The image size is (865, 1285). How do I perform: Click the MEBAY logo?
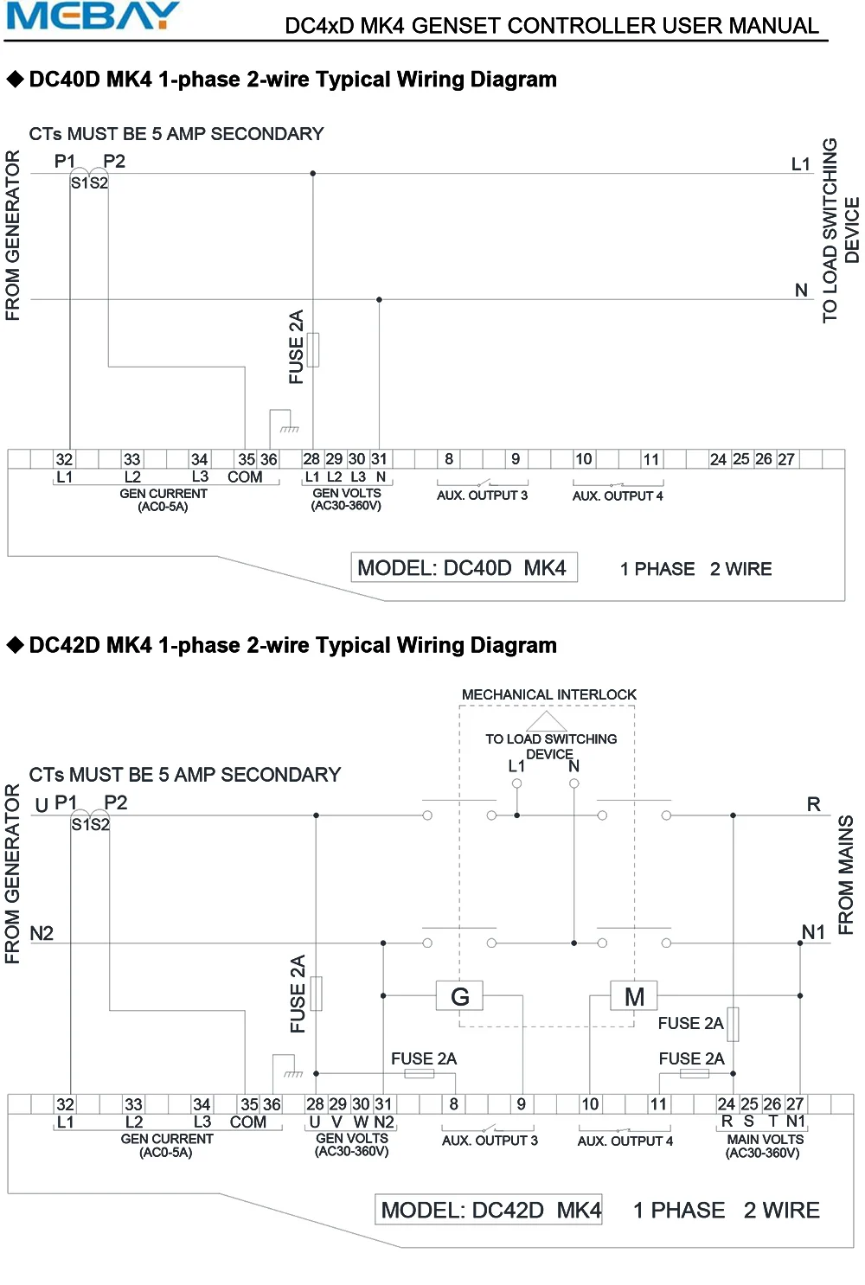pos(92,16)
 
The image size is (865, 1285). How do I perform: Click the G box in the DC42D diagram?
pos(459,996)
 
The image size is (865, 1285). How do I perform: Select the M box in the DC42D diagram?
pos(634,996)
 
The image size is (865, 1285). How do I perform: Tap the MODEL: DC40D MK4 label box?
pos(464,567)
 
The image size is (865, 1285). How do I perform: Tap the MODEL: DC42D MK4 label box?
pos(489,1209)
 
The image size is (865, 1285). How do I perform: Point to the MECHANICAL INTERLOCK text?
pos(548,694)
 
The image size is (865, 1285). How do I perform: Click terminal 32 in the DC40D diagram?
pos(64,459)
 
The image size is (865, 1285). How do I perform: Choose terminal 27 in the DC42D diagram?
pos(794,1103)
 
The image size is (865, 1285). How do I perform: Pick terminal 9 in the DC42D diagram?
pos(522,1103)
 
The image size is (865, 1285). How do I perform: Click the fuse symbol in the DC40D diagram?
pos(313,349)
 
